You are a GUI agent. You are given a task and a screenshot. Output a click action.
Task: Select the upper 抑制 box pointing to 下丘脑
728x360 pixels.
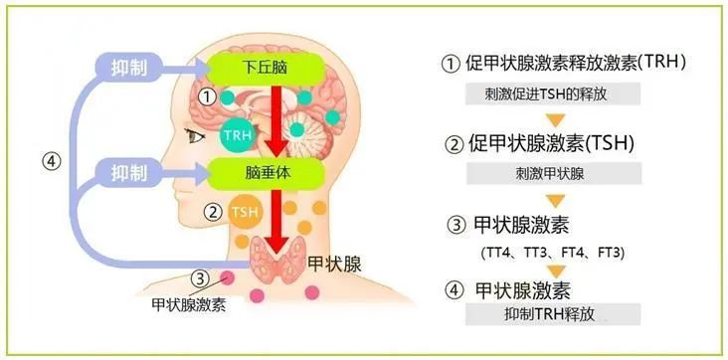click(x=130, y=68)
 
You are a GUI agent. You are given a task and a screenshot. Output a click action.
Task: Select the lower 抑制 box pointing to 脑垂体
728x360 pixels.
click(x=130, y=171)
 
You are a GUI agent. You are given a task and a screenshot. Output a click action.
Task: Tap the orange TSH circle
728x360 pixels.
click(x=244, y=212)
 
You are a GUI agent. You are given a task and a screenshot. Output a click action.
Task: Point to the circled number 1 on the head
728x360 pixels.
click(x=206, y=97)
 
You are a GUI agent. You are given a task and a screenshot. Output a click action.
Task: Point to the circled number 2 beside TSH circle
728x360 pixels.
click(x=211, y=212)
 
